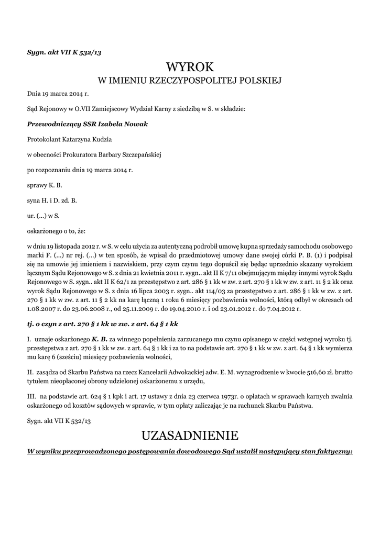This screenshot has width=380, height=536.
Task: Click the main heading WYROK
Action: pyautogui.click(x=190, y=67)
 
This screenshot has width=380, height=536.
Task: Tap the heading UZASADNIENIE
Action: pyautogui.click(x=190, y=435)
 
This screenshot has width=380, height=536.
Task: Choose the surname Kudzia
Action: pyautogui.click(x=101, y=139)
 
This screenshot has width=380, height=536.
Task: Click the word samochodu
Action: pyautogui.click(x=310, y=246)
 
